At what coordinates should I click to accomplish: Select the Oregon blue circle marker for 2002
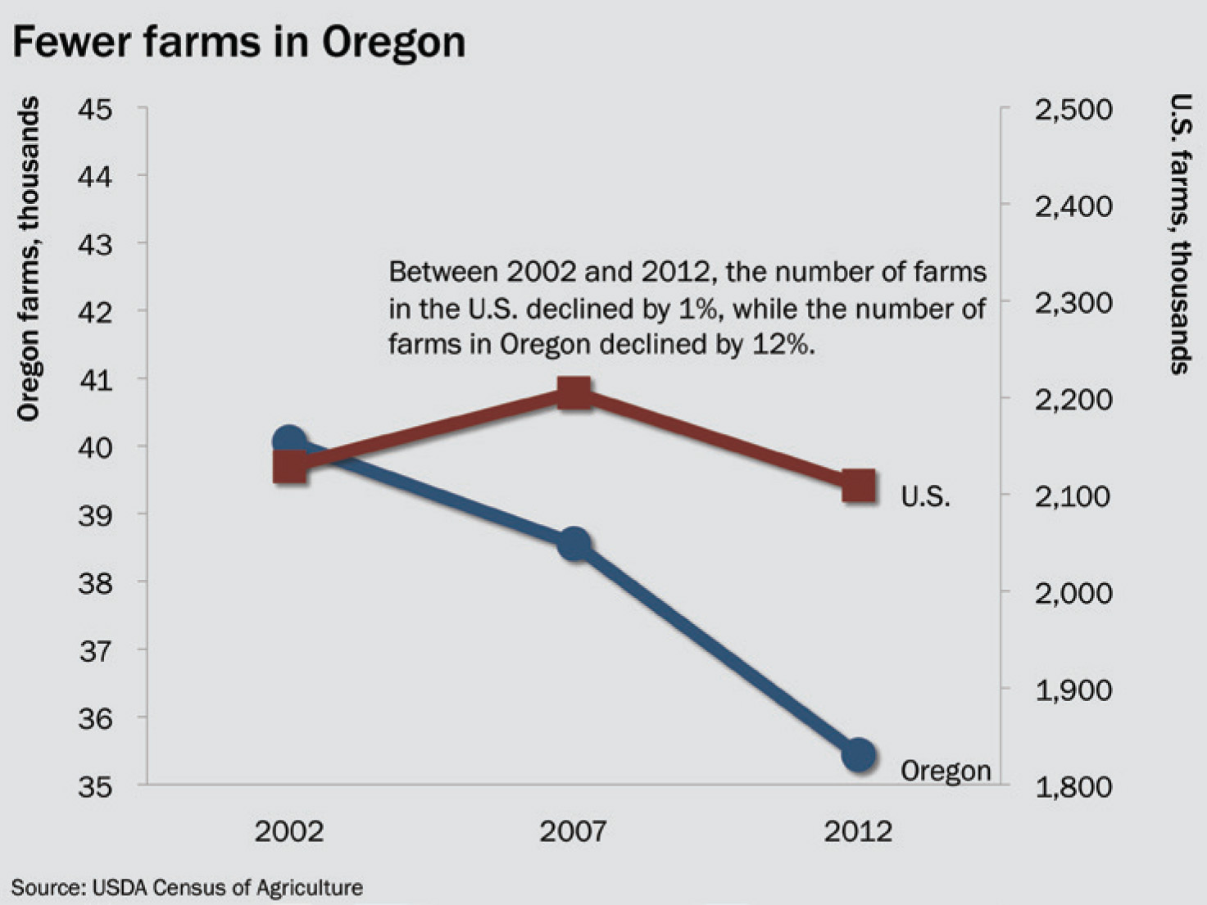click(x=288, y=441)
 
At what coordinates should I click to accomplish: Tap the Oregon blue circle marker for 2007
click(x=574, y=543)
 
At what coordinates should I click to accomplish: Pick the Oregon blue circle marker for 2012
click(x=859, y=754)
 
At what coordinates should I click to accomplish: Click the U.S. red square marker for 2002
click(x=290, y=468)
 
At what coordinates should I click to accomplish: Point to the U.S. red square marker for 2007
click(x=574, y=393)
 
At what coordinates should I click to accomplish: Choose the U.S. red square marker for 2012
click(x=859, y=486)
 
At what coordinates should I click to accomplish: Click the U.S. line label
click(x=925, y=496)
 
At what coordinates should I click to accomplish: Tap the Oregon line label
click(x=946, y=771)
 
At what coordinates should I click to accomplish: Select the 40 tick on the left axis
click(x=95, y=447)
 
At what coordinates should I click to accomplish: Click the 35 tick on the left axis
click(x=95, y=786)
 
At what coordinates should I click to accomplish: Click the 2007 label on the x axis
click(x=573, y=831)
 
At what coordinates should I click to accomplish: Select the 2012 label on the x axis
click(x=858, y=831)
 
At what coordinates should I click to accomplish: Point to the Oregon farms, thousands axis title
click(x=28, y=259)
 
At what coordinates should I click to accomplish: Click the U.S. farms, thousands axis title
click(x=1180, y=234)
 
